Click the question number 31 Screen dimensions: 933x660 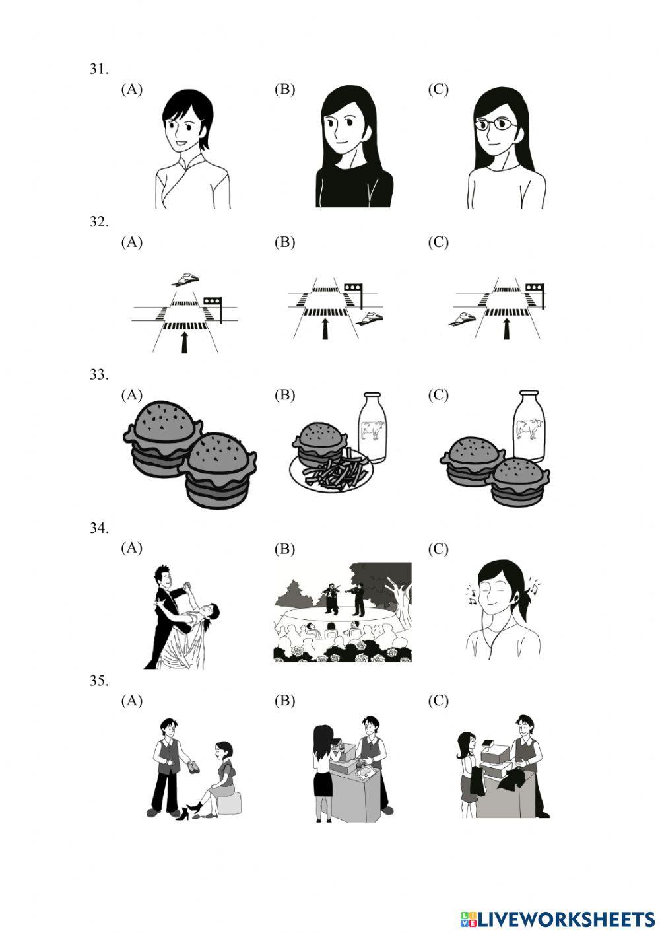pos(99,69)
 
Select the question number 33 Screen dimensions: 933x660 pos(99,375)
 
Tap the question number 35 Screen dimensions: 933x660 pos(99,681)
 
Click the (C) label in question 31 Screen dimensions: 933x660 pos(438,90)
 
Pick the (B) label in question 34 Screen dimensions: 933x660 pos(285,549)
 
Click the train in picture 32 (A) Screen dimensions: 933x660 pos(185,279)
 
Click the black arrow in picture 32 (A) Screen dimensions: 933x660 pos(184,341)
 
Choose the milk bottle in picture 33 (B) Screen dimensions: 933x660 pos(372,428)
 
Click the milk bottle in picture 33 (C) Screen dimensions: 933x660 pos(528,425)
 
